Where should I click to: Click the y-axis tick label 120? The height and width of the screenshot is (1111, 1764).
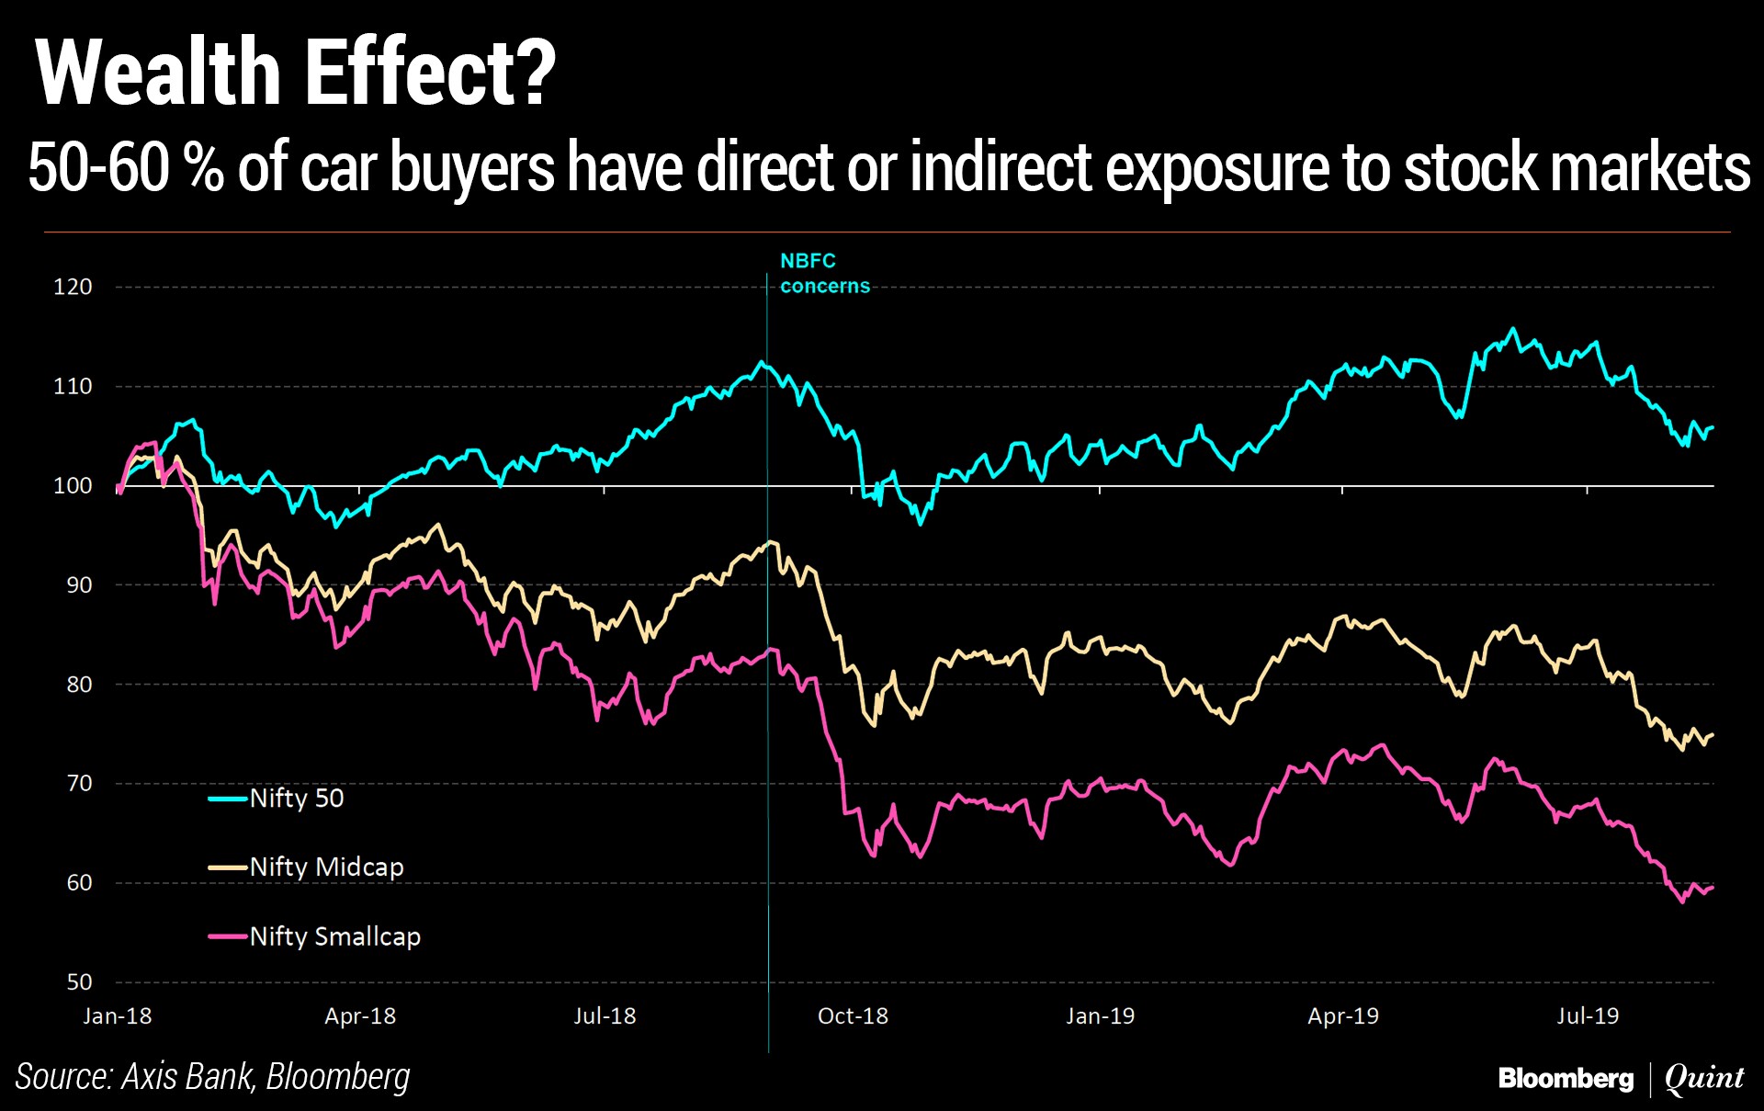[x=73, y=287]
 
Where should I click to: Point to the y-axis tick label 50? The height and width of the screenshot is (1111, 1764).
[x=79, y=981]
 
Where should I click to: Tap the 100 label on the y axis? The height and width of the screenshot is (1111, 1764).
[x=73, y=485]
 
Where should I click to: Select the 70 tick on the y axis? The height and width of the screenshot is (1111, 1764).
[x=79, y=783]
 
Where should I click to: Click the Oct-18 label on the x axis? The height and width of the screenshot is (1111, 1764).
[x=853, y=1015]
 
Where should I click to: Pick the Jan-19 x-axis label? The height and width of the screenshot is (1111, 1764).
[x=1100, y=1015]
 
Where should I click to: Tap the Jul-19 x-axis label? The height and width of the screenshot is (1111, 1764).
[x=1587, y=1015]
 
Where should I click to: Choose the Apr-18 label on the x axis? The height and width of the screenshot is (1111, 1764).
[x=359, y=1015]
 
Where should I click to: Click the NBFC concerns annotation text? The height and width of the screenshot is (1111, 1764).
[x=824, y=273]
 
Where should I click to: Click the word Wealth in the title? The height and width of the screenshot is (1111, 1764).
[x=157, y=74]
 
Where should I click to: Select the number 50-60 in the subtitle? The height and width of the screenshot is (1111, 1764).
[x=98, y=168]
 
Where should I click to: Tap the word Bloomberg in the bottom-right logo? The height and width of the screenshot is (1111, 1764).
[x=1566, y=1077]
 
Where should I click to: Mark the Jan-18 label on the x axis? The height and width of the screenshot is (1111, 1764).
[x=117, y=1015]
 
